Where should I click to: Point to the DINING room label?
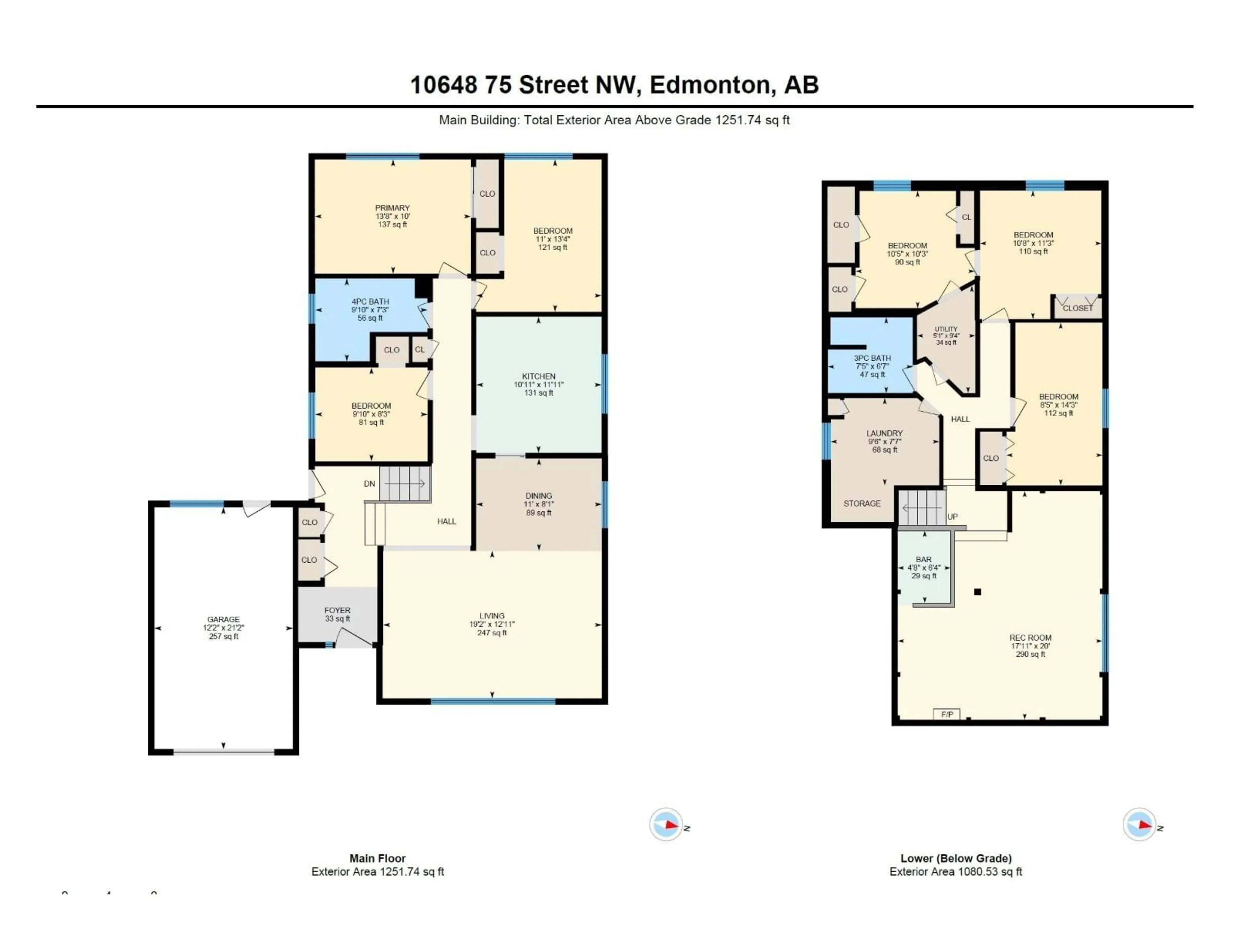(538, 496)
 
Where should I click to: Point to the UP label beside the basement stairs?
(953, 517)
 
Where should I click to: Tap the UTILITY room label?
(946, 329)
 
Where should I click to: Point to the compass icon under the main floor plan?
(666, 824)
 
